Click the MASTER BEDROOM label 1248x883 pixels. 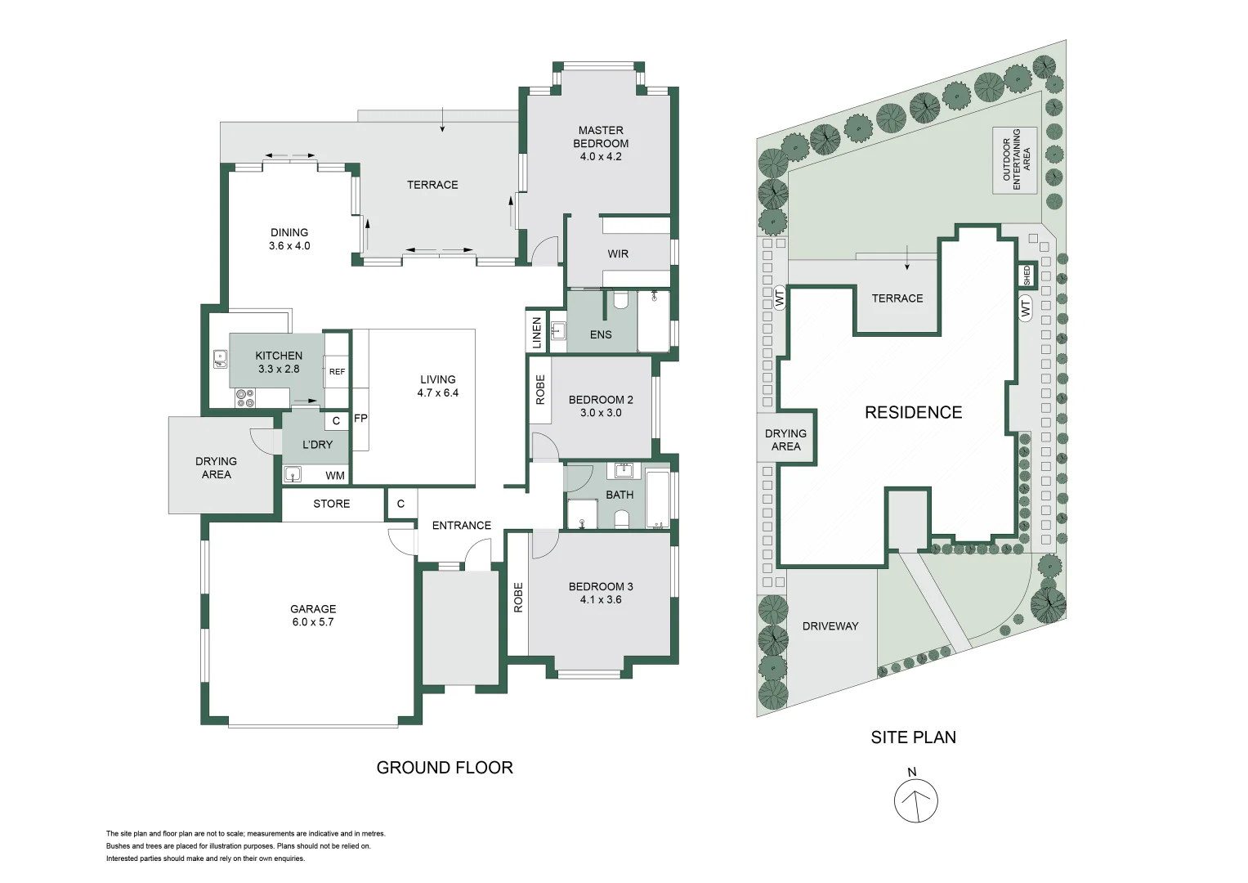601,137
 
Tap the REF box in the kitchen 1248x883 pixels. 337,371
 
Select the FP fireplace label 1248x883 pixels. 360,419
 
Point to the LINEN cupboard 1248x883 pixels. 537,333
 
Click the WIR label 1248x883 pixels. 618,254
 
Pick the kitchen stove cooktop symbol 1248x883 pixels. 245,398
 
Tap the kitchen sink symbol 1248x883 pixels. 221,358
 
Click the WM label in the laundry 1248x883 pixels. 335,476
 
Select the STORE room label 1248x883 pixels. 331,504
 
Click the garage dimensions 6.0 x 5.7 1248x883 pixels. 313,622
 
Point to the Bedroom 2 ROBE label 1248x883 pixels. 540,390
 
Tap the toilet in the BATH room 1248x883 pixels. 621,518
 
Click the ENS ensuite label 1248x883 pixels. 601,334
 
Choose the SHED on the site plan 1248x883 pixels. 1027,276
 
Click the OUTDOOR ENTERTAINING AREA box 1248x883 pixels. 1015,160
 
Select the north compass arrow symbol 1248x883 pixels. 915,800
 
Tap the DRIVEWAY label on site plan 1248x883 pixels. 830,626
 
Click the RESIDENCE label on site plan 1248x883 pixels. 913,413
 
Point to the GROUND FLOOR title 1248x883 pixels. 445,768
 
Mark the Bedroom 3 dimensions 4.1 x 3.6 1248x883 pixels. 601,599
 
